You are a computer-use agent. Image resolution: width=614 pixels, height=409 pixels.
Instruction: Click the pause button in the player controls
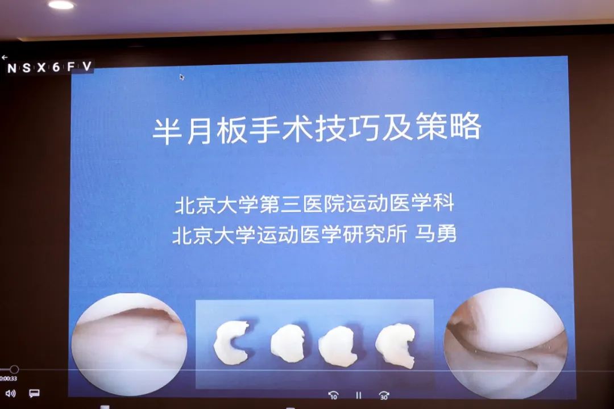(358, 395)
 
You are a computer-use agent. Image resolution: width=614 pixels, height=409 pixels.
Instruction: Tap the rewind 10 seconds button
(333, 395)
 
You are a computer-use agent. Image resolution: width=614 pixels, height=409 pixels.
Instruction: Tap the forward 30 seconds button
(384, 395)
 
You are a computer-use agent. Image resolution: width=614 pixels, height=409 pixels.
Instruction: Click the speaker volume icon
(11, 393)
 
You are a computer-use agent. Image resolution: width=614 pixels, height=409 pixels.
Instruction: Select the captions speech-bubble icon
(35, 393)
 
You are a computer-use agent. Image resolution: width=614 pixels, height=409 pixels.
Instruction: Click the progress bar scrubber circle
(14, 369)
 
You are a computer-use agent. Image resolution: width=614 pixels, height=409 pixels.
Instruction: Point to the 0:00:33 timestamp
(8, 378)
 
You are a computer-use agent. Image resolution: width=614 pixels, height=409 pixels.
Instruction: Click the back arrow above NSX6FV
(5, 57)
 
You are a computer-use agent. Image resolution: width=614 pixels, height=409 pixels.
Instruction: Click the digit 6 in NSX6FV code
(56, 68)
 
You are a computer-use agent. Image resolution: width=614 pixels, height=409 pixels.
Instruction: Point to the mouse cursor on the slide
(182, 77)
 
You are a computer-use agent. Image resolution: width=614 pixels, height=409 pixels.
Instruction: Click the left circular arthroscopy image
(129, 344)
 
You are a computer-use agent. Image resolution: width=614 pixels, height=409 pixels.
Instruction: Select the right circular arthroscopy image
(505, 343)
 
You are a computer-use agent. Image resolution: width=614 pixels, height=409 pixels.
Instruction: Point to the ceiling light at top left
(61, 5)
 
